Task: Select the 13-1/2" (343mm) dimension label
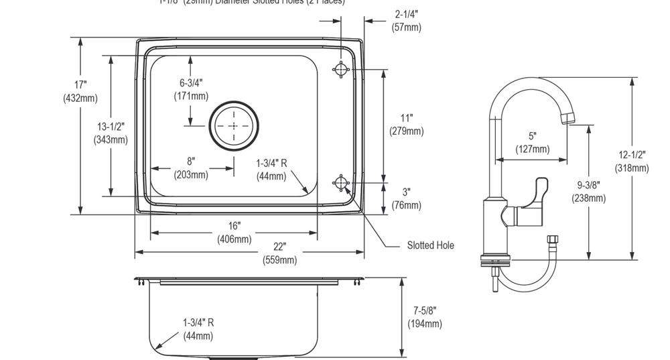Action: pyautogui.click(x=111, y=133)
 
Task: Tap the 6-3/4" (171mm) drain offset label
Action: pyautogui.click(x=191, y=89)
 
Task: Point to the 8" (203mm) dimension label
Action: pyautogui.click(x=191, y=168)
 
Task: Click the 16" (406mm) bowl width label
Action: pyautogui.click(x=234, y=233)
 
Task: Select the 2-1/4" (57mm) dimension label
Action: pyautogui.click(x=407, y=20)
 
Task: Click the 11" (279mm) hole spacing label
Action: pyautogui.click(x=407, y=125)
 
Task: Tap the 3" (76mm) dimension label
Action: pyautogui.click(x=407, y=199)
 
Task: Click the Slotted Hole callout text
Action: pyautogui.click(x=430, y=245)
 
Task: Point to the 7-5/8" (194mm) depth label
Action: pyautogui.click(x=425, y=317)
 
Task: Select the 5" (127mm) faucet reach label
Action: pyautogui.click(x=533, y=143)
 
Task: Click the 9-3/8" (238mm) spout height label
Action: pyautogui.click(x=588, y=192)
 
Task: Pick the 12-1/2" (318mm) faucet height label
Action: pyautogui.click(x=632, y=161)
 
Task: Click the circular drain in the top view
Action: pyautogui.click(x=234, y=126)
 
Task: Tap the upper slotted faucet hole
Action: pyautogui.click(x=341, y=68)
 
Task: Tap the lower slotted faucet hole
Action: pyautogui.click(x=341, y=183)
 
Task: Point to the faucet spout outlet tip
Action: pyautogui.click(x=567, y=119)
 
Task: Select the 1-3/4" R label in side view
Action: pyautogui.click(x=198, y=328)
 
